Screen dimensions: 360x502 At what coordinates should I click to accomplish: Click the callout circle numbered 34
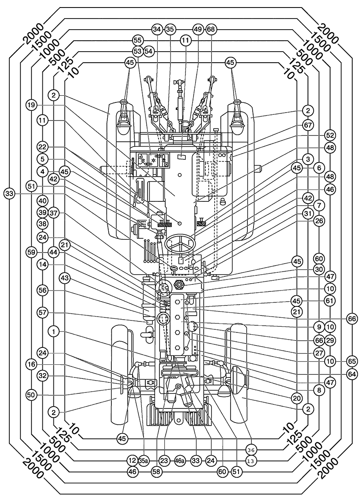[x=157, y=30]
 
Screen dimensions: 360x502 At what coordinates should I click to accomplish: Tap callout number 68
[x=211, y=30]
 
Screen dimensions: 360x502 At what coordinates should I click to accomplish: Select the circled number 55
[x=138, y=41]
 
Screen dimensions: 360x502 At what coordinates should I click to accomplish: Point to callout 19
[x=31, y=105]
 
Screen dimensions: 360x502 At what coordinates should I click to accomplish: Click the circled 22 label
[x=42, y=147]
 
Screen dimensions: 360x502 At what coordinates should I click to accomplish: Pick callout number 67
[x=308, y=125]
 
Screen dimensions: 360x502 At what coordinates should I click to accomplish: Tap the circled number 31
[x=308, y=213]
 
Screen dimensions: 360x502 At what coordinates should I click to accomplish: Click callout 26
[x=319, y=221]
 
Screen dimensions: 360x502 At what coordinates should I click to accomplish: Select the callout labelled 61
[x=330, y=301]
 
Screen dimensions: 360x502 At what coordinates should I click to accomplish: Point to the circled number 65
[x=352, y=362]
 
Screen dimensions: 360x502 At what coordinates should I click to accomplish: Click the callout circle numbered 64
[x=352, y=374]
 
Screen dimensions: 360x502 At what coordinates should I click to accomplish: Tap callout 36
[x=251, y=450]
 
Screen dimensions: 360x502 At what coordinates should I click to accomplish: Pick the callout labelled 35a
[x=144, y=460]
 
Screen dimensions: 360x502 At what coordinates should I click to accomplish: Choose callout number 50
[x=31, y=396]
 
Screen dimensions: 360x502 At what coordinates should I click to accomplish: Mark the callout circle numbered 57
[x=42, y=312]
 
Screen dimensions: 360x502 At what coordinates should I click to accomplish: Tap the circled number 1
[x=53, y=332]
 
